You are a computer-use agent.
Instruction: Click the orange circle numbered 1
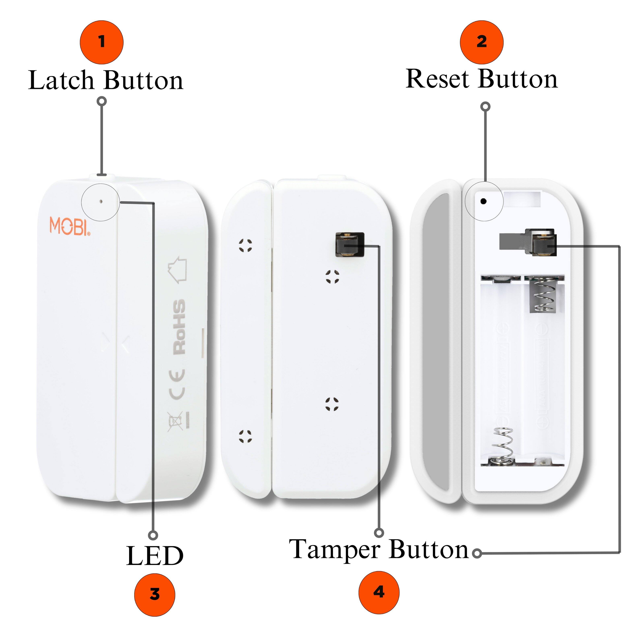(x=102, y=42)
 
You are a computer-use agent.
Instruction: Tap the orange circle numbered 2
(x=482, y=42)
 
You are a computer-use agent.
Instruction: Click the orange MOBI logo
(x=69, y=226)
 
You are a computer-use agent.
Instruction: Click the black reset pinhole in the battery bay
(x=484, y=201)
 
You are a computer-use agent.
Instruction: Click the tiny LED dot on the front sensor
(x=101, y=201)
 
